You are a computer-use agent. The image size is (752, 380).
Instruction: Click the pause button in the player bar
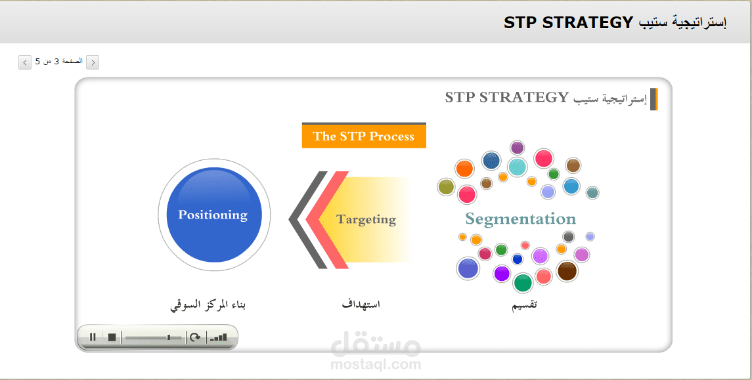tap(93, 337)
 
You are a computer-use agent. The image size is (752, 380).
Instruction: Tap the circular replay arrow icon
tap(194, 337)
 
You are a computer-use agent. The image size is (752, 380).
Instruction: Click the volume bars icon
tap(218, 337)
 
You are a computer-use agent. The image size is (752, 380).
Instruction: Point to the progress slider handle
tap(168, 337)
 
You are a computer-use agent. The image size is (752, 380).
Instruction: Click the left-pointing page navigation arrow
tap(25, 62)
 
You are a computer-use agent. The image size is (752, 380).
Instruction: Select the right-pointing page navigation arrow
tap(93, 62)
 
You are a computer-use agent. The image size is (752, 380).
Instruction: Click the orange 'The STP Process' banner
tap(364, 136)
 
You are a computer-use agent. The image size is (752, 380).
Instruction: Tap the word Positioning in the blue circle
tap(213, 215)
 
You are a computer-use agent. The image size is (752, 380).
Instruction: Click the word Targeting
tap(366, 219)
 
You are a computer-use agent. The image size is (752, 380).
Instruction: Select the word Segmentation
tap(520, 219)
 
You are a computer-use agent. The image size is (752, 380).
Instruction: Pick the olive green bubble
tap(446, 187)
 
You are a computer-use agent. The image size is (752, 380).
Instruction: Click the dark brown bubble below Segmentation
tap(567, 271)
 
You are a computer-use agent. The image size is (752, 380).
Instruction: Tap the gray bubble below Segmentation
tap(568, 236)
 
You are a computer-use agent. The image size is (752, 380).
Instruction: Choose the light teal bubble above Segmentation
tap(518, 167)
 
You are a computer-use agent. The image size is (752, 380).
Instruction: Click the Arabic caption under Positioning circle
tap(208, 305)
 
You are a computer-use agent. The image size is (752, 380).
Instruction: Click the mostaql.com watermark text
tap(376, 364)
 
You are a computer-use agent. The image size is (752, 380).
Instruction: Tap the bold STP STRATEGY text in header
tap(568, 22)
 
